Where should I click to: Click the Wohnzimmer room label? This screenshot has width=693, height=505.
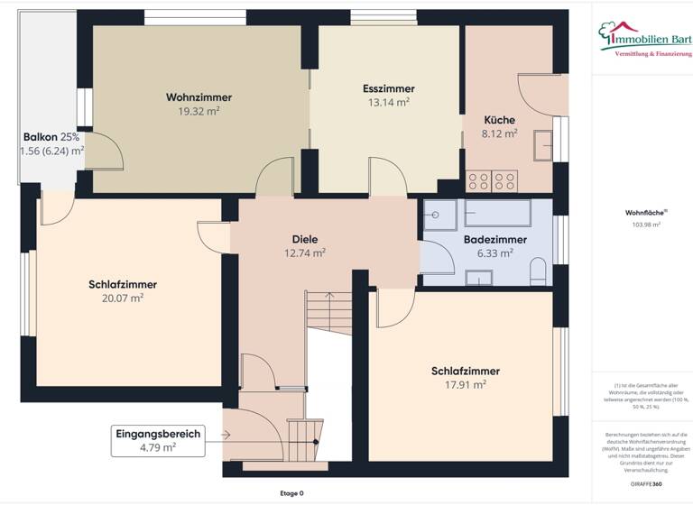[x=199, y=97]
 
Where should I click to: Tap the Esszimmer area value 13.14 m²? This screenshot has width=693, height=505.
[x=388, y=103]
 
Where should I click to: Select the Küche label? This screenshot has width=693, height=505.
[x=499, y=120]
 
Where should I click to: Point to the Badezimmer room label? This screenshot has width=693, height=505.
[x=488, y=240]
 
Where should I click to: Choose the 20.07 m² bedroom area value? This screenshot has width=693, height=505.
[x=124, y=298]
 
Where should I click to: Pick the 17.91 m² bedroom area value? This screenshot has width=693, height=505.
[x=466, y=384]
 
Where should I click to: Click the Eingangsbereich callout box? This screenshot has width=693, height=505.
[x=157, y=438]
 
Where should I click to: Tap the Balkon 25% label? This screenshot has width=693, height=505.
[x=51, y=137]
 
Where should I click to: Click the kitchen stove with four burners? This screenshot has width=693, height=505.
[x=491, y=179]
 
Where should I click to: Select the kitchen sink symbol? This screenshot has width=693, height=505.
[x=544, y=145]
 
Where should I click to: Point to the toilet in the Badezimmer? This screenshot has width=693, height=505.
[x=538, y=271]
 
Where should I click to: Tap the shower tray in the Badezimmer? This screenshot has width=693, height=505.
[x=439, y=216]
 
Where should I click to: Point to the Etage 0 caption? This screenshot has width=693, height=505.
[x=291, y=493]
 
